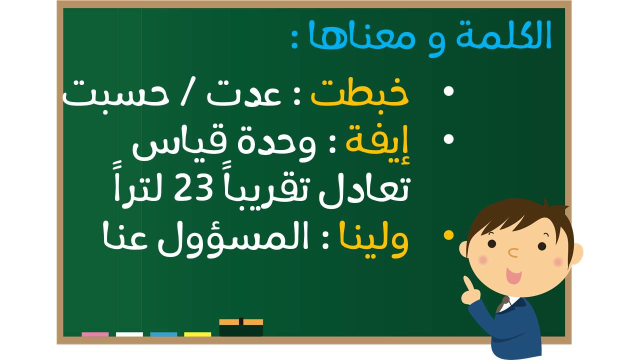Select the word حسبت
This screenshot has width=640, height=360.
[115, 94]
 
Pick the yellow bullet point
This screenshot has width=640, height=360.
[448, 235]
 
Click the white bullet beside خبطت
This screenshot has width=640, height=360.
[448, 91]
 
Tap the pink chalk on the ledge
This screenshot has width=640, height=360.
[95, 334]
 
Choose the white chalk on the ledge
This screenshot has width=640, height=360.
[129, 334]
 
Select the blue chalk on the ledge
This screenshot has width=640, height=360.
[163, 334]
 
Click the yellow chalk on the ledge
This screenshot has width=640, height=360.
[197, 334]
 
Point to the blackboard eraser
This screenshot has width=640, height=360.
[241, 327]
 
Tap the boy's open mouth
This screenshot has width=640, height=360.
[514, 275]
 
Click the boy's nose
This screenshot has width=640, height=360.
[513, 252]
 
